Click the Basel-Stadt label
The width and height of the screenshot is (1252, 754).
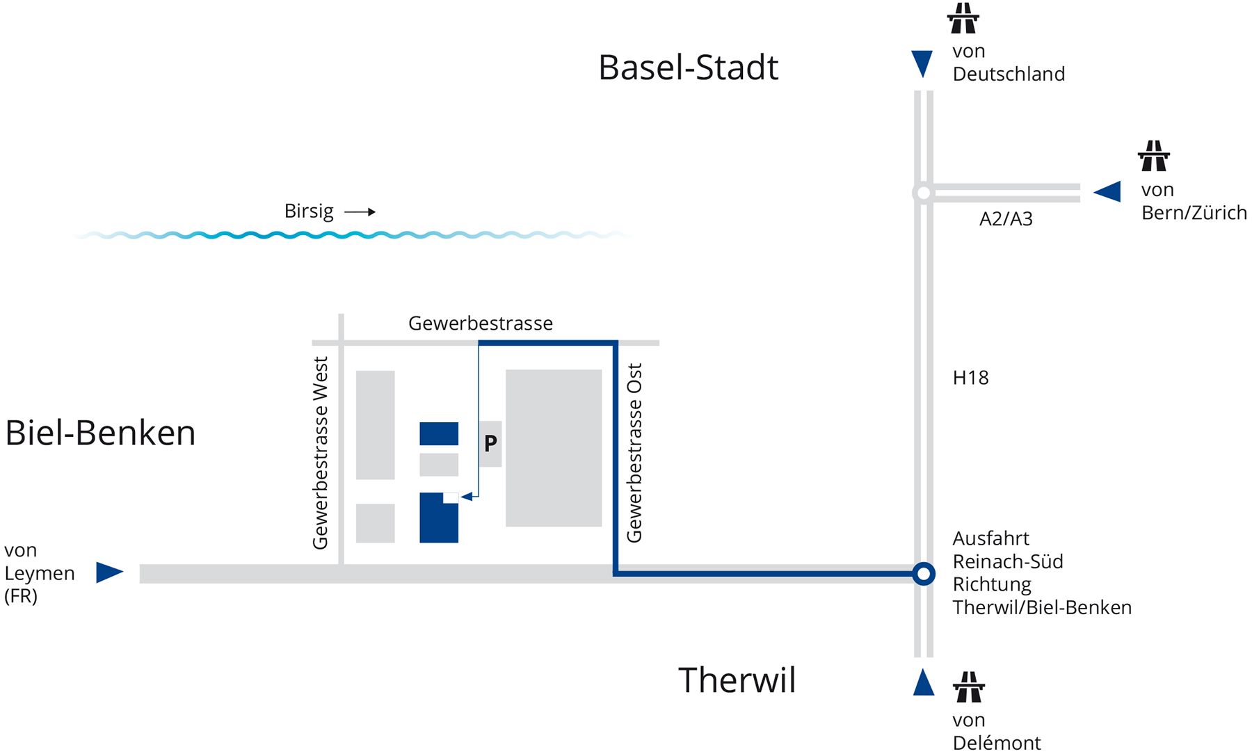(689, 67)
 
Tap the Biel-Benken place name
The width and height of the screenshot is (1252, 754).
(100, 433)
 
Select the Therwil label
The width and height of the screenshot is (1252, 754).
(737, 680)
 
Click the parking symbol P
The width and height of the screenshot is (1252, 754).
(490, 443)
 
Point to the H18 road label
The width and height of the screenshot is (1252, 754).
(970, 378)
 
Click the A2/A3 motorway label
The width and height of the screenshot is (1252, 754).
(1006, 219)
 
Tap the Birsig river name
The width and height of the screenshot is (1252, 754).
(309, 211)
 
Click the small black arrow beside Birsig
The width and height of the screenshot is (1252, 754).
(360, 211)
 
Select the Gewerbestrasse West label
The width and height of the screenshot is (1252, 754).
(320, 453)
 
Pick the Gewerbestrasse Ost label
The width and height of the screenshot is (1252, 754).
(634, 453)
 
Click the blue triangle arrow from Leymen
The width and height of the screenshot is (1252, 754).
(109, 572)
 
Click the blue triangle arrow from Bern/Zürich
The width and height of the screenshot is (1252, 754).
(1107, 191)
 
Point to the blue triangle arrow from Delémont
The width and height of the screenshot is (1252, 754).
(924, 682)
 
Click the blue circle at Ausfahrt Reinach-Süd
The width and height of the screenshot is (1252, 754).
(924, 574)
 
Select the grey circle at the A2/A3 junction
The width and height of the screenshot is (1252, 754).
(923, 193)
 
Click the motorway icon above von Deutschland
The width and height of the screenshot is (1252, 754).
(963, 18)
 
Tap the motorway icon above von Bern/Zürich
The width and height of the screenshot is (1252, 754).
(1154, 156)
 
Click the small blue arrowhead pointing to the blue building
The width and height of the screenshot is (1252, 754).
(467, 497)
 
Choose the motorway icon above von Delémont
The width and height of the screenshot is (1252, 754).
(969, 687)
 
